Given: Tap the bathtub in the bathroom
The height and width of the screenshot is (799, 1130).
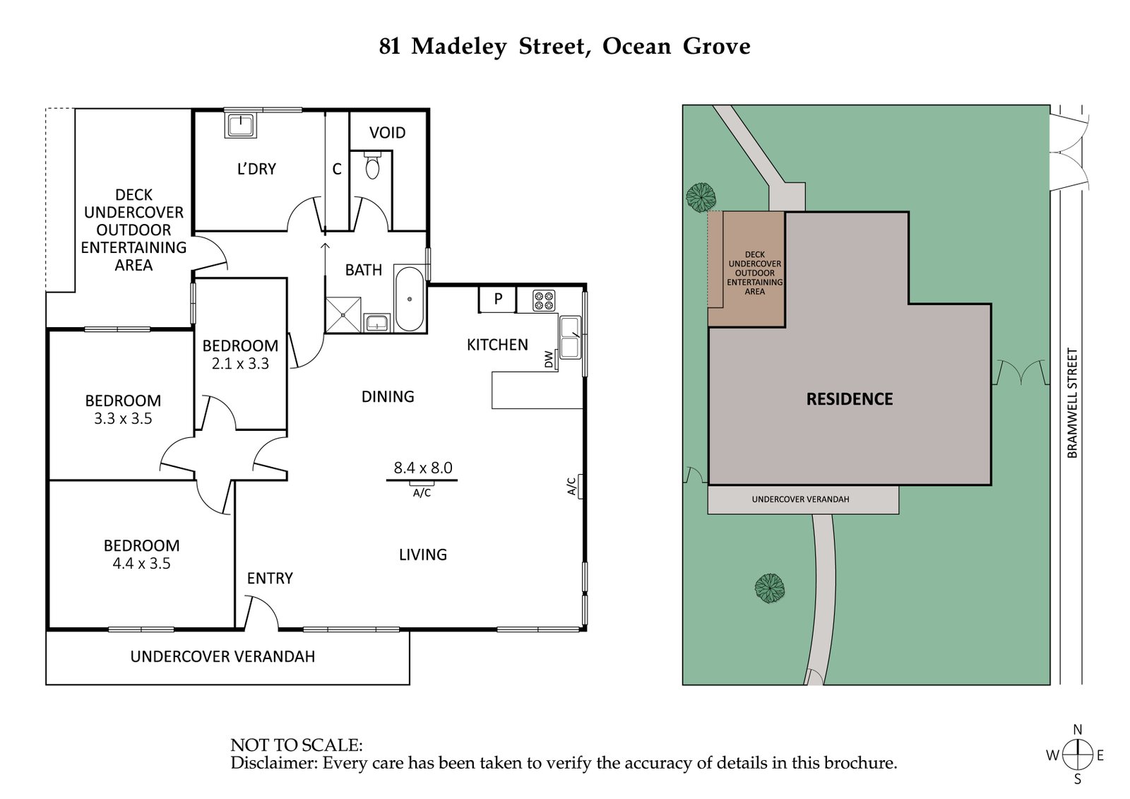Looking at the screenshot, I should pos(410,300).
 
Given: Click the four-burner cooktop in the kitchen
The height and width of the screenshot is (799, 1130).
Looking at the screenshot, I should pos(543,301).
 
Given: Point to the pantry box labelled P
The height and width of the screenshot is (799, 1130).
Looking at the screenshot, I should pos(497,299).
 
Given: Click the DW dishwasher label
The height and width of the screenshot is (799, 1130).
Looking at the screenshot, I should pos(549,360).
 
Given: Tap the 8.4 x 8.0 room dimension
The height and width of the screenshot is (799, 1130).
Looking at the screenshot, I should pos(422,468).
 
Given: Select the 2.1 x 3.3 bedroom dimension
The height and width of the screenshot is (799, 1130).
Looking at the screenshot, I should pos(240,364).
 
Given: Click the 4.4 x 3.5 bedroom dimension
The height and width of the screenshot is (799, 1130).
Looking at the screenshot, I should pos(141,564).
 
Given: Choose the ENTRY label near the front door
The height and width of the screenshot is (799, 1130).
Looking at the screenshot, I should pos(270,579).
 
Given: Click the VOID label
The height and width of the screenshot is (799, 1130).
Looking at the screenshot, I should pos(387,133).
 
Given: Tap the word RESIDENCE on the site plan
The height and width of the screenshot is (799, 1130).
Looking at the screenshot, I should pos(850,399).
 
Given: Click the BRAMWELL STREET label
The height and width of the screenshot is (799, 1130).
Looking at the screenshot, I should pos(1072,403).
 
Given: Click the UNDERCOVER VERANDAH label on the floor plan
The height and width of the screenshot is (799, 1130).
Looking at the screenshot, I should pos(222,657).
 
